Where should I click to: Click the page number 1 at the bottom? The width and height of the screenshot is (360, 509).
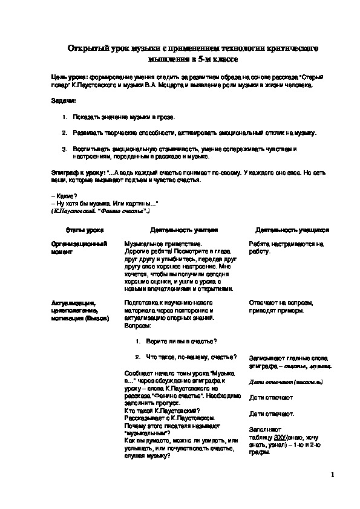[x=333, y=475]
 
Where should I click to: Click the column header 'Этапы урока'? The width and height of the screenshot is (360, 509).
[x=85, y=230]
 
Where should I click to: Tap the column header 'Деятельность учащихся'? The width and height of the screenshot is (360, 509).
[x=292, y=230]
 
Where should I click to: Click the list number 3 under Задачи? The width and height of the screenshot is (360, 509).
[x=65, y=148]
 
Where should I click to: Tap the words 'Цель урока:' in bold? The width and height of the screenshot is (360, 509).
[x=70, y=78]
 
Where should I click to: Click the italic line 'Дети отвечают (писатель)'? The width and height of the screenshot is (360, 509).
[x=285, y=382]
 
